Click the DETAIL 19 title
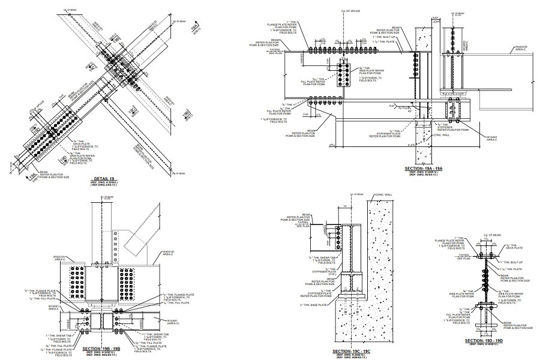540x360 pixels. [x=104, y=179]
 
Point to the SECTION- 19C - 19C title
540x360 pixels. [x=354, y=352]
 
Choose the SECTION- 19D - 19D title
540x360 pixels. [x=484, y=341]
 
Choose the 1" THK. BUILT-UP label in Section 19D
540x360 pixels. [x=511, y=260]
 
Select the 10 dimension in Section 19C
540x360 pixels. [x=346, y=205]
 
